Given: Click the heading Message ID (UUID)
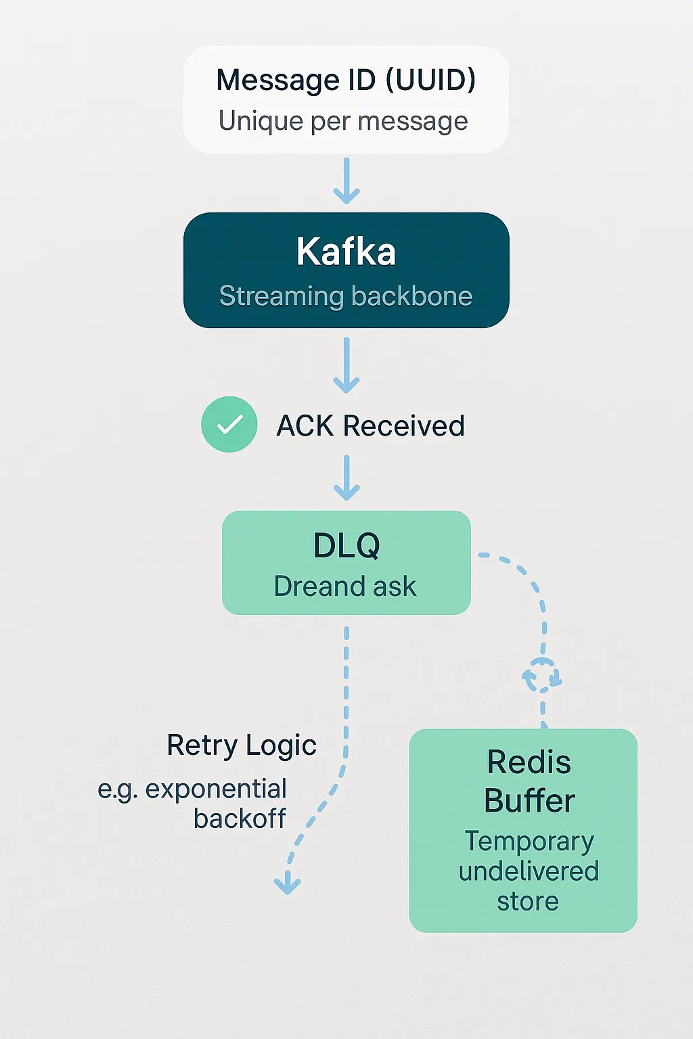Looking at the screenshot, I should point(346,80).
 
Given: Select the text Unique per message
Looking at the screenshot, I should point(343,122).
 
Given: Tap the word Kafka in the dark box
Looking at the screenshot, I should point(346,252).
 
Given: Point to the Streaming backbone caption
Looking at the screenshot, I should point(346,296).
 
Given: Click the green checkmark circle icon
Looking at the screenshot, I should point(229,424).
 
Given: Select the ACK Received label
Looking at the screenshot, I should point(370,426).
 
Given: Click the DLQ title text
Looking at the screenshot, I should point(346,545).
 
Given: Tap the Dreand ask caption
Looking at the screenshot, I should point(345,586).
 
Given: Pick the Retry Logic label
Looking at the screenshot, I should point(242,745).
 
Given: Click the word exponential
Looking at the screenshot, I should point(216,789).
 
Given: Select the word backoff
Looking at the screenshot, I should point(240,818).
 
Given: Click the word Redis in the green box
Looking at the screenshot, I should point(529,762).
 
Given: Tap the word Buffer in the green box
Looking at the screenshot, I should point(529,801).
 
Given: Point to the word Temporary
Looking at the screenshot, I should point(529,841).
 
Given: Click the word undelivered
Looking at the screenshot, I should point(529,871).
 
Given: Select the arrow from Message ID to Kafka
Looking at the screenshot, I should point(346,181).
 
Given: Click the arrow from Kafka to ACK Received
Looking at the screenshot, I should point(346,365).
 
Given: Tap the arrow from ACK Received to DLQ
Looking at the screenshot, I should point(346,478).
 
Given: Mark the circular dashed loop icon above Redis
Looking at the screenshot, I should point(542,675).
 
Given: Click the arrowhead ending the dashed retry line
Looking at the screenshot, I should point(288,883).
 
